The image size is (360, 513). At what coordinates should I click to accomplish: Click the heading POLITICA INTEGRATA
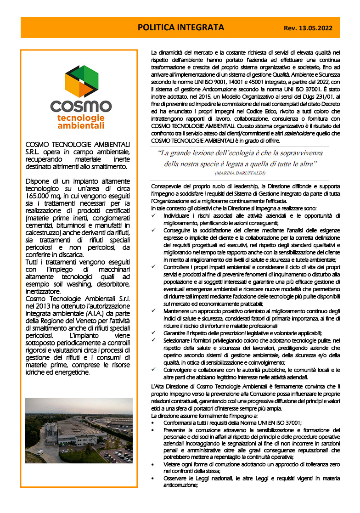coord(181,28)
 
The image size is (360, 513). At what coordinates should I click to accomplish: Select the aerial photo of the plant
coord(79,430)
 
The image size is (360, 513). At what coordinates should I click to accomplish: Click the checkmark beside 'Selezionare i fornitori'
coord(154,340)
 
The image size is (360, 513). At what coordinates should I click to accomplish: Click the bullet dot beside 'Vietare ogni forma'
coord(153,465)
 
